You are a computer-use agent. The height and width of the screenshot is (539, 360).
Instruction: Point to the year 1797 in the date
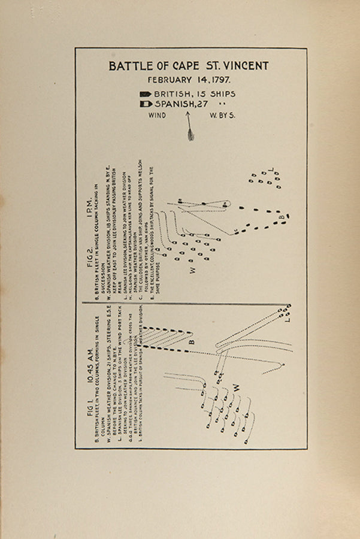tap(223, 80)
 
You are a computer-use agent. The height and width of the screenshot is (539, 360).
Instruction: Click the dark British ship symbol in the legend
tap(146, 94)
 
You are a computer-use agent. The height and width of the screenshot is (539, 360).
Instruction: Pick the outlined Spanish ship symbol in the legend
tap(145, 104)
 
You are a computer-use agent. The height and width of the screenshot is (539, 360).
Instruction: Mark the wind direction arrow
tap(190, 128)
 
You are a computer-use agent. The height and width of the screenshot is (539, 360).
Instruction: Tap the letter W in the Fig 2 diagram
tap(193, 269)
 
